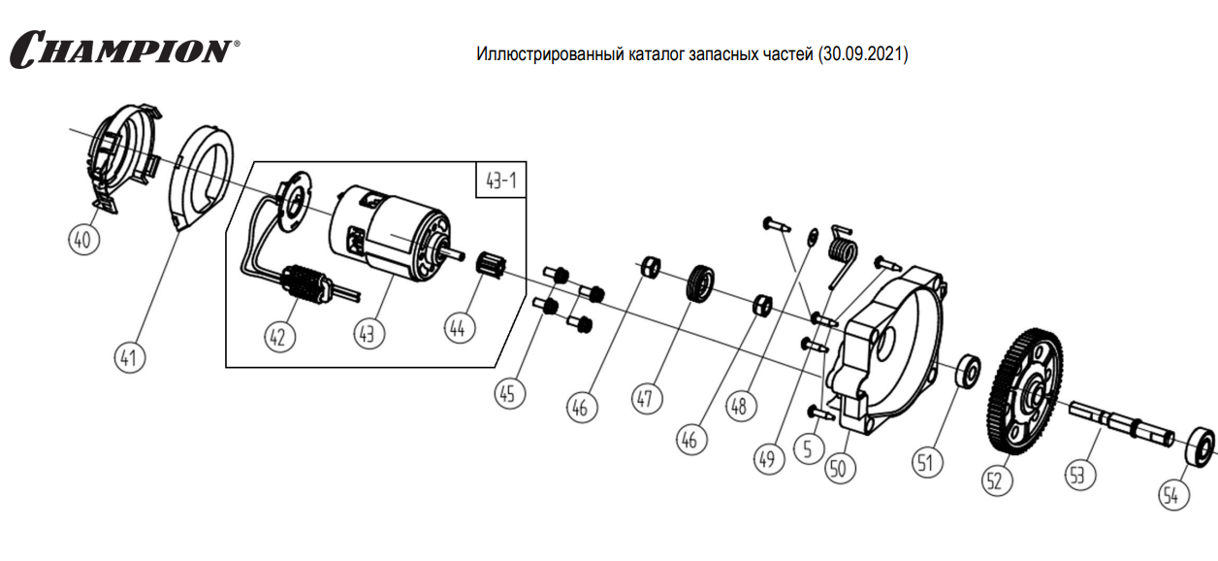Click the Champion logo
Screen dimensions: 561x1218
(x=124, y=49)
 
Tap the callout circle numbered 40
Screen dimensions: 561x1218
(x=83, y=239)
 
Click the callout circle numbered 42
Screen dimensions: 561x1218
(x=277, y=335)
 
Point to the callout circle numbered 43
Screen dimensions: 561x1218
(x=368, y=333)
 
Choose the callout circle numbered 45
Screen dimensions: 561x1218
(x=510, y=393)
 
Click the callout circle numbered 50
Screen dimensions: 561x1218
(x=840, y=467)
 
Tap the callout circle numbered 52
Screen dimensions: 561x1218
(x=998, y=479)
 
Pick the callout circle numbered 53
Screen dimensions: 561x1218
(x=1076, y=473)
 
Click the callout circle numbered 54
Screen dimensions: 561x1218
(x=1171, y=496)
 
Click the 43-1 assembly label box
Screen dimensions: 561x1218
(x=498, y=181)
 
